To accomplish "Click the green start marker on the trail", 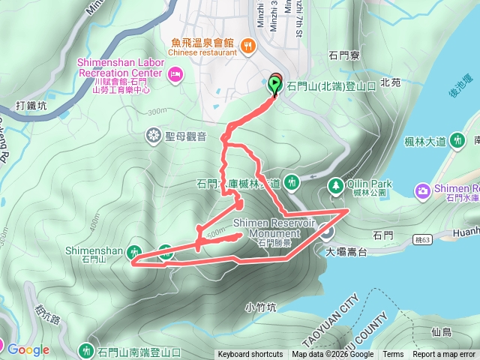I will pyautogui.click(x=275, y=84).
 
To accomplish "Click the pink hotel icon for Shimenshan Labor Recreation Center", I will pyautogui.click(x=175, y=73).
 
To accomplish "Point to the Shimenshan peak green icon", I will pyautogui.click(x=135, y=251).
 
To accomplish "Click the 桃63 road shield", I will pyautogui.click(x=423, y=240).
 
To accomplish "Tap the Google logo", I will pyautogui.click(x=28, y=349).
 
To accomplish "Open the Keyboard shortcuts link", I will pyautogui.click(x=250, y=355).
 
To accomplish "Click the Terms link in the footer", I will pyautogui.click(x=393, y=355).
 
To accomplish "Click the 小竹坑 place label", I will pyautogui.click(x=260, y=307).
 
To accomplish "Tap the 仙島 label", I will pyautogui.click(x=442, y=331).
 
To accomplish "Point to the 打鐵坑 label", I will pyautogui.click(x=30, y=106).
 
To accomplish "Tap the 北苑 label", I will pyautogui.click(x=391, y=82).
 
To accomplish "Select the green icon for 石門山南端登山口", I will pyautogui.click(x=86, y=350).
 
